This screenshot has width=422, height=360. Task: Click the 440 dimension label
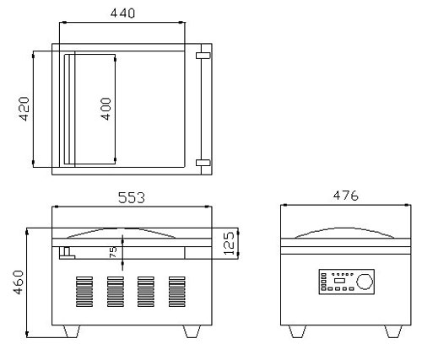click(122, 13)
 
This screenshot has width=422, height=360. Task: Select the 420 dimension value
click(24, 109)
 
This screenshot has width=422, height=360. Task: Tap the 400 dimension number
click(106, 109)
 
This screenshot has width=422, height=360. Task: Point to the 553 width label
click(132, 197)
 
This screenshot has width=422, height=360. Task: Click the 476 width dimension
click(346, 196)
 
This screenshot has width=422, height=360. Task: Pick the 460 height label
click(19, 282)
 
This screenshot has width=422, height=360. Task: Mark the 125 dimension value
click(230, 243)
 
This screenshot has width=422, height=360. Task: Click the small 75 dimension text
click(112, 252)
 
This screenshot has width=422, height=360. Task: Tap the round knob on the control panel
click(365, 282)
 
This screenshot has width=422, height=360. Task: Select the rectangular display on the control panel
click(339, 281)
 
